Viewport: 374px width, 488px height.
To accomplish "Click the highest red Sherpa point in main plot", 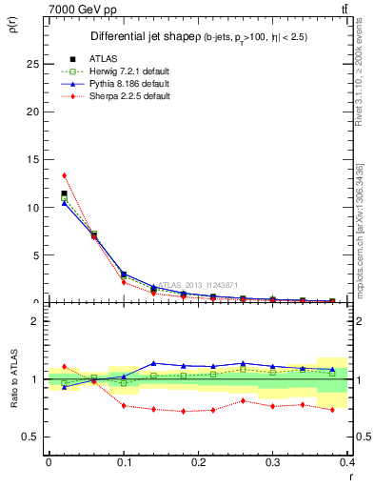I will [x=64, y=175].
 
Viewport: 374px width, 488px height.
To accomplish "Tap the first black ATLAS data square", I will [x=64, y=193].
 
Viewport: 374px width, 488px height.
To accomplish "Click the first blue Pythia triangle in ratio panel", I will [x=64, y=387].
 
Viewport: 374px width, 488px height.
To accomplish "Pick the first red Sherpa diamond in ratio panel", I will [x=64, y=366].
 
